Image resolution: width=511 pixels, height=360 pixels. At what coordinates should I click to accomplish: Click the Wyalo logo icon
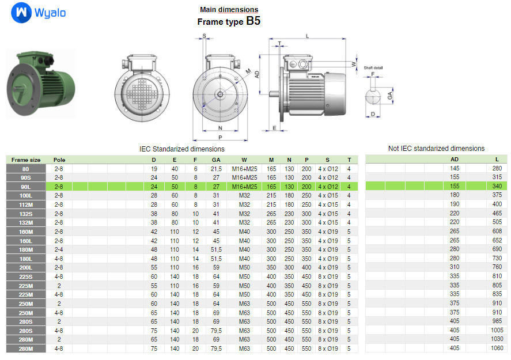[x=21, y=12]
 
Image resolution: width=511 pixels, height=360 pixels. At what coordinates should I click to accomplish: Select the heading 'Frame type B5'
[x=229, y=21]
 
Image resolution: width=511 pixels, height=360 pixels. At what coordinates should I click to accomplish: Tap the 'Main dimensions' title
[x=229, y=9]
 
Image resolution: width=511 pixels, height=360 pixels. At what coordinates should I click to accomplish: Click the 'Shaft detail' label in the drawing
[x=373, y=68]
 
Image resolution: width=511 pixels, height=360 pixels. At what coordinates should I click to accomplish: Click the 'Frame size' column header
[x=26, y=160]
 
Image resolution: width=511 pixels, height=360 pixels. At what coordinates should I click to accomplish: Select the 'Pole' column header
[x=59, y=160]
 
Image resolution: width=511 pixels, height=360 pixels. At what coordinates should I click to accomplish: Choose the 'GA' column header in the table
[x=215, y=160]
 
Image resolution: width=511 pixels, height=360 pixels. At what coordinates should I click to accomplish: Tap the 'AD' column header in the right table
[x=455, y=160]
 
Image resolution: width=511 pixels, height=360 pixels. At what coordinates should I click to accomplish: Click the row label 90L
[x=26, y=187]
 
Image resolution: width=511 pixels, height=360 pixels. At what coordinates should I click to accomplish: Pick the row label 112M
[x=26, y=204]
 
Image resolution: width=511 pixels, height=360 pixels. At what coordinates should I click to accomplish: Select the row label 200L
[x=26, y=267]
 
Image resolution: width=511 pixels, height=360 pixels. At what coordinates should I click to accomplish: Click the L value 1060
[x=497, y=348]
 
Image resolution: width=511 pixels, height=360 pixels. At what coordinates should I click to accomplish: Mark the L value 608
[x=497, y=232]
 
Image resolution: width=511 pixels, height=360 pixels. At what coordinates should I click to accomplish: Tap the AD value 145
[x=455, y=168]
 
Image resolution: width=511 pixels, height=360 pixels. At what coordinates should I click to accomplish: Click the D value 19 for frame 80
[x=154, y=168]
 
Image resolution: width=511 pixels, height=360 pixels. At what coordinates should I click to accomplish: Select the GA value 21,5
[x=215, y=168]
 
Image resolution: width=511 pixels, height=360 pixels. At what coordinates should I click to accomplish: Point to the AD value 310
[x=455, y=267]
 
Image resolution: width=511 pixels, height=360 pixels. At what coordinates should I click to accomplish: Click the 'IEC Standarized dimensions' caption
[x=182, y=149]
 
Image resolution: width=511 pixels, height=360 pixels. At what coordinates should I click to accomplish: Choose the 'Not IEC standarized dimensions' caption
[x=436, y=149]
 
